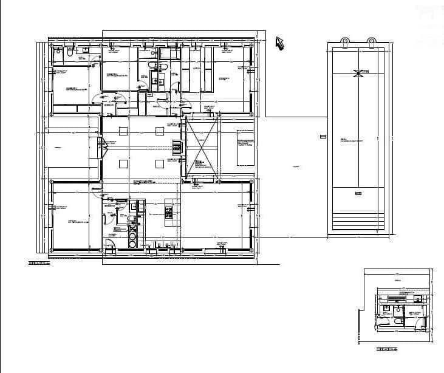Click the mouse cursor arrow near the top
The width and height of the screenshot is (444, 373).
click(280, 43)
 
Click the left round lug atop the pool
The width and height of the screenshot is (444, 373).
click(344, 40)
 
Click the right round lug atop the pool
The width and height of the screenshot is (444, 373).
click(371, 40)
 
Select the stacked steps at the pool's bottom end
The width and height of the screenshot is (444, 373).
click(358, 222)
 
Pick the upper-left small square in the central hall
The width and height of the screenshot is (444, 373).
click(124, 129)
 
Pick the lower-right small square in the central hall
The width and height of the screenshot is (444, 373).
click(160, 163)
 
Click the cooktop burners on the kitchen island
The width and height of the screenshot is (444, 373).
click(170, 212)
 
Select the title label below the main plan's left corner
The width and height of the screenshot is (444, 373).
click(39, 263)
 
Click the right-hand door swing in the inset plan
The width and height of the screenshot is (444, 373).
click(420, 321)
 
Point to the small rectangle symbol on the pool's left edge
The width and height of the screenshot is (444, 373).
click(323, 137)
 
